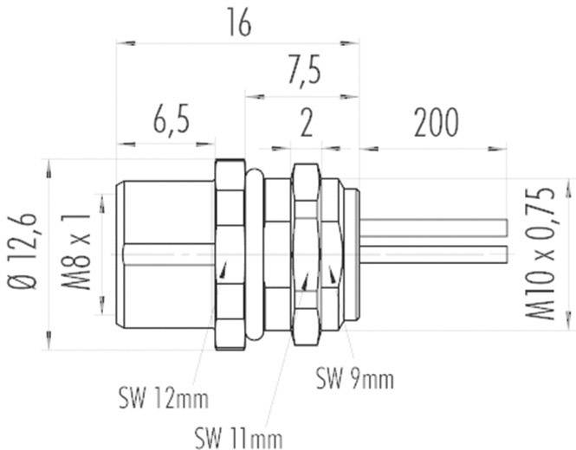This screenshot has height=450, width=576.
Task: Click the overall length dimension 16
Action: click(238, 24)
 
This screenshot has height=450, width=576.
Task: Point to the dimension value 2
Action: click(304, 125)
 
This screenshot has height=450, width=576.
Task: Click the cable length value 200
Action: click(435, 125)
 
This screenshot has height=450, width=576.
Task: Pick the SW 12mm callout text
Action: click(163, 400)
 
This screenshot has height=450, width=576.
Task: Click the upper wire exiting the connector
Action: click(433, 228)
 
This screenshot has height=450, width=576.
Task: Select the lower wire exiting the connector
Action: click(433, 257)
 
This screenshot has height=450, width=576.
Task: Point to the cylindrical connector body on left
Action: click(165, 251)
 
